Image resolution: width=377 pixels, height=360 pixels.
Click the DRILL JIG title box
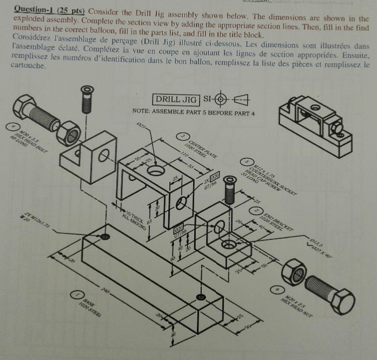[x=176, y=99]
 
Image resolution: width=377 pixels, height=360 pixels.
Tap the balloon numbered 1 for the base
[x=79, y=295]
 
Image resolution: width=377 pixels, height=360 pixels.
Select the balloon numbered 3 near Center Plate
[x=184, y=136]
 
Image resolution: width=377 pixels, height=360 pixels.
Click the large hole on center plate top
[x=156, y=170]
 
